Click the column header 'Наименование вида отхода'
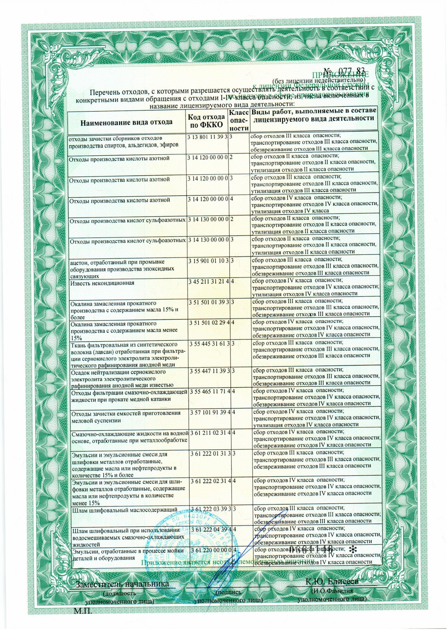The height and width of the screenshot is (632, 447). [126, 122]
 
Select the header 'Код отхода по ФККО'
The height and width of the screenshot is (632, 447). [206, 121]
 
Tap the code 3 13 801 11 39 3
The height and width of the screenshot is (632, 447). [207, 138]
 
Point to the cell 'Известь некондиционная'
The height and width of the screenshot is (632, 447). [102, 283]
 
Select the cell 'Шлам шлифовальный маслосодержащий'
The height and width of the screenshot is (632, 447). [125, 510]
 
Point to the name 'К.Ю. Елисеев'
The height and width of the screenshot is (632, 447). [332, 582]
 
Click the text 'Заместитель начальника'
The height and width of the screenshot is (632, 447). [122, 584]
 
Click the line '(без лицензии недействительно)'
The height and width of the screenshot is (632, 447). [318, 80]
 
